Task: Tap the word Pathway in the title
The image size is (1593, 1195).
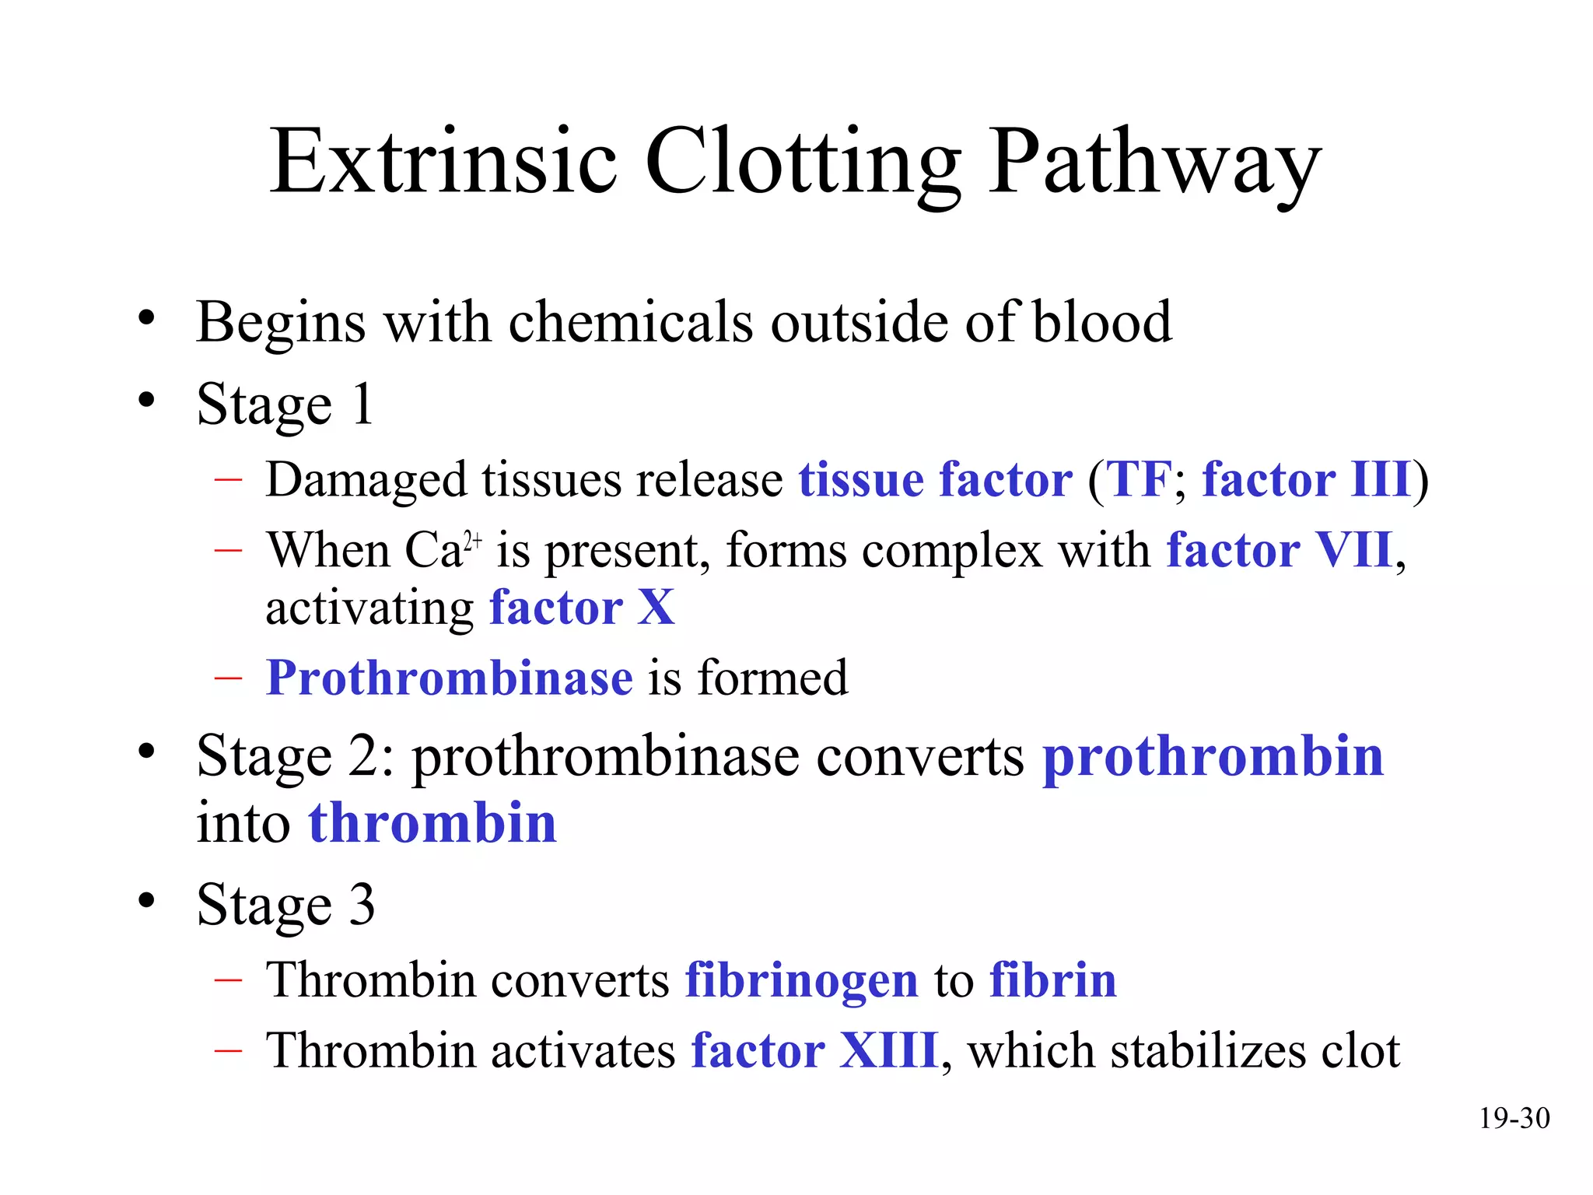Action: tap(1154, 163)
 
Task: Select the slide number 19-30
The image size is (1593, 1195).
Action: tap(1514, 1119)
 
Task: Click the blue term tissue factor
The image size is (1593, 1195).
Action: tap(935, 479)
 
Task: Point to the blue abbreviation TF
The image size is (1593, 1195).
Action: tap(1139, 479)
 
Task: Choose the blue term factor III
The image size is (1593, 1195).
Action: tap(1307, 479)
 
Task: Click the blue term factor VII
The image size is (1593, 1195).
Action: tap(1279, 551)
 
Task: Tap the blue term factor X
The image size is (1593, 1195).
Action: tap(582, 608)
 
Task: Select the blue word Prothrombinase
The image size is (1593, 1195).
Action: tap(450, 678)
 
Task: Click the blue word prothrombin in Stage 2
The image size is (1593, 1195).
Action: tap(1213, 757)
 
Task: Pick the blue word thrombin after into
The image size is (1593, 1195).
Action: tap(432, 824)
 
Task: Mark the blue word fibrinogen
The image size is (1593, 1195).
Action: tap(801, 980)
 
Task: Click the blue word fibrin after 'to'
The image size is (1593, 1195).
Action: tap(1052, 980)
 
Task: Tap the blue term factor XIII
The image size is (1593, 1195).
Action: tap(814, 1051)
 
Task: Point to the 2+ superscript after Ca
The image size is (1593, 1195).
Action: tap(473, 540)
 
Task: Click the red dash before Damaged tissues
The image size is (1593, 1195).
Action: tap(228, 479)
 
